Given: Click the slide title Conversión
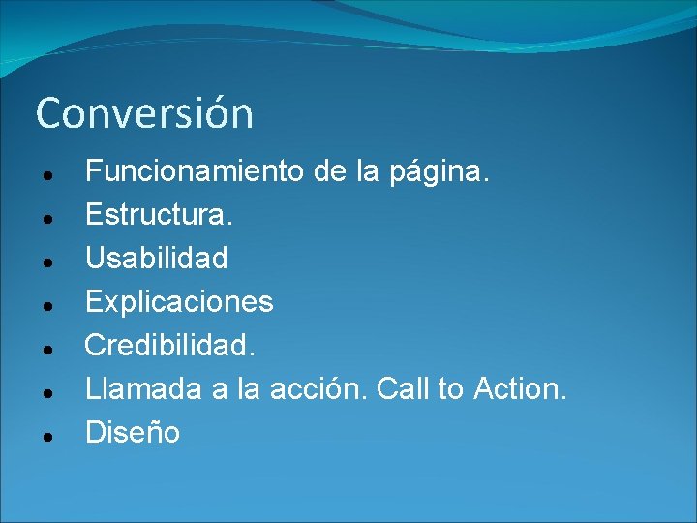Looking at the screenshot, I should coord(144,113).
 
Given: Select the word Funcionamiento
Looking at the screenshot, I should coord(195,172).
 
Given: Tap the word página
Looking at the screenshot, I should coord(440,174).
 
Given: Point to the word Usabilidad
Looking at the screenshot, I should coord(157,258).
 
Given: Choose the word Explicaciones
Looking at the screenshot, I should coord(179,302).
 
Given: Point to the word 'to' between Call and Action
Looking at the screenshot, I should coord(451,389).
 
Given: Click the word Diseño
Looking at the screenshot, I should coord(133,432).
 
